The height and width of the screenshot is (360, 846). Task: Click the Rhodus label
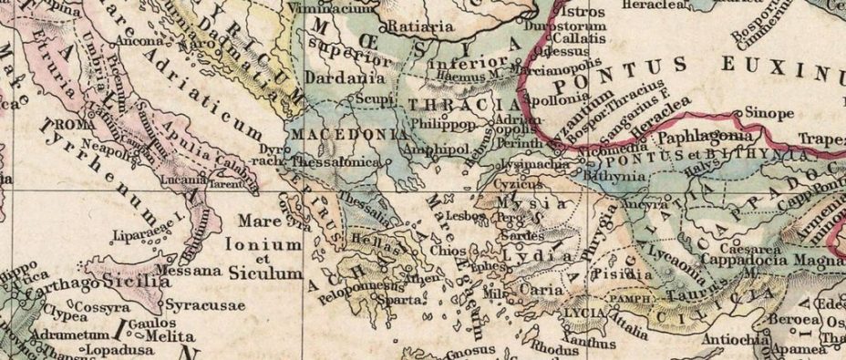(551, 347)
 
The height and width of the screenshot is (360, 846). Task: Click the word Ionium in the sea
(269, 244)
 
